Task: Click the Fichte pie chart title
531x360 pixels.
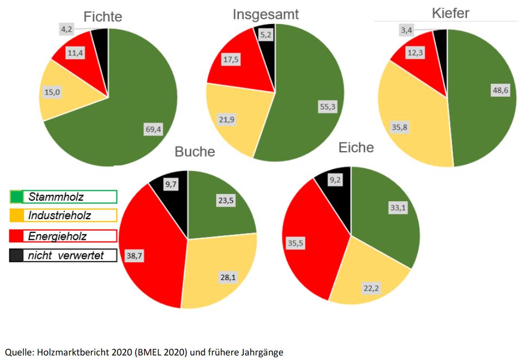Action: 102,17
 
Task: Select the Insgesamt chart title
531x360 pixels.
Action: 265,14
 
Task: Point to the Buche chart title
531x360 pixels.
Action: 194,152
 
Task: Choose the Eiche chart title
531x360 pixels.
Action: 356,147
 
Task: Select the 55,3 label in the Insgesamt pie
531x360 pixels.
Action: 328,107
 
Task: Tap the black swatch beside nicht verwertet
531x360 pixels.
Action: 16,255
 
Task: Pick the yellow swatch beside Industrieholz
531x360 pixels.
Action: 16,215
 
